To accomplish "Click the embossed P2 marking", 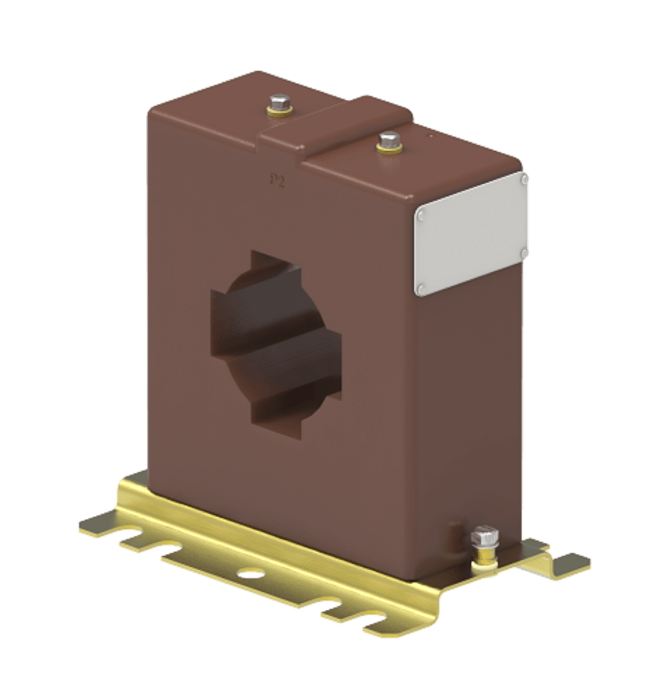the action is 277,180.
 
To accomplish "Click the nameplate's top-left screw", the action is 421,215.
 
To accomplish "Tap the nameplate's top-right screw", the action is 523,178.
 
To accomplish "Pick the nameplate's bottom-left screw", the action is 421,288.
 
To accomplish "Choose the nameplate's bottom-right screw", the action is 523,253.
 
